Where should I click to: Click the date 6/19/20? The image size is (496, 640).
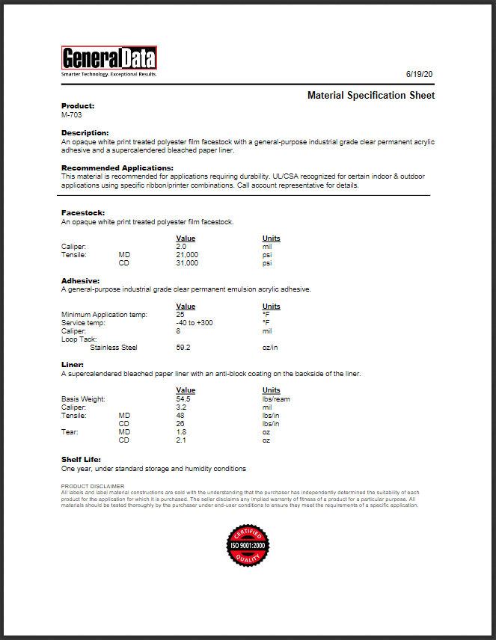pos(420,75)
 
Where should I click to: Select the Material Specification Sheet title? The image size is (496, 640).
pos(370,96)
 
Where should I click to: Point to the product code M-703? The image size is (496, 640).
pos(72,115)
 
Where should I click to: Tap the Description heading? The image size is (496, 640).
pos(85,132)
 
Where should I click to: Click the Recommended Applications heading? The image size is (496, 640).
pos(117,168)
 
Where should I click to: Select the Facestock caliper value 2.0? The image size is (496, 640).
pos(181,246)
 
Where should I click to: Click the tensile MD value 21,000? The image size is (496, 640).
pos(187,255)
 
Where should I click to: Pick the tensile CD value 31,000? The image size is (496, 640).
pos(187,263)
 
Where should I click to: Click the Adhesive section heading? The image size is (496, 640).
pos(79,281)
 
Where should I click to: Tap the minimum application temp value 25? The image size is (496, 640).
pos(180,315)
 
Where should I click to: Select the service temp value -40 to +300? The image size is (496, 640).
pos(195,323)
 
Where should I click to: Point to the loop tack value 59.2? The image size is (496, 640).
pos(183,347)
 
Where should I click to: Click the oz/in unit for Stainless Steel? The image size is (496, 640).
pos(270,347)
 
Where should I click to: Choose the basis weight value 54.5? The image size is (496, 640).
pos(183,399)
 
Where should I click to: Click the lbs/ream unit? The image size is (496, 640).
pos(276,399)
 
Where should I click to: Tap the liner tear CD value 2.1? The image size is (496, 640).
pos(181,440)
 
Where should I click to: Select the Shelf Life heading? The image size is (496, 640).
pos(81,459)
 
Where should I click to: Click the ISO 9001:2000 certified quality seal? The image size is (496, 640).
pos(248,546)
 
